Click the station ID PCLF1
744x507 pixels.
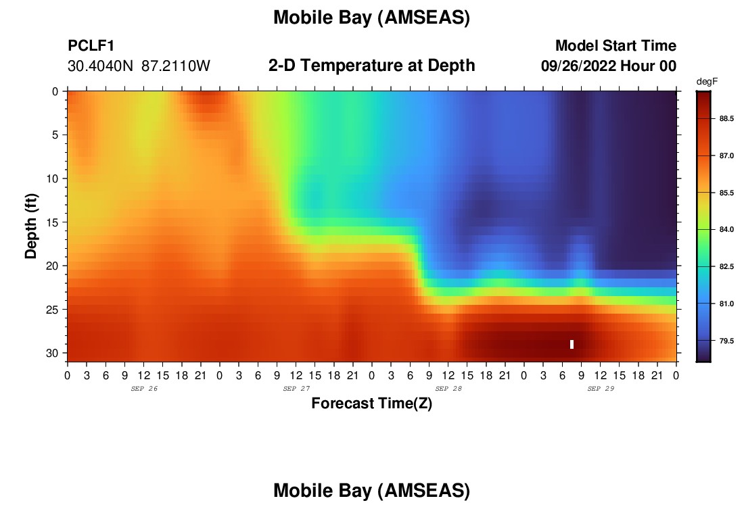coord(91,45)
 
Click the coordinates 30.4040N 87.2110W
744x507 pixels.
coord(139,66)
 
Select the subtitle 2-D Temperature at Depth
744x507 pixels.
coord(371,66)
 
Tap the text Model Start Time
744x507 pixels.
coord(615,45)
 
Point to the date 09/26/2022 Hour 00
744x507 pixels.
coord(608,66)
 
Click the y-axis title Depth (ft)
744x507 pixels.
coord(31,226)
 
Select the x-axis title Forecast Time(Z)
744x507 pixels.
coord(371,403)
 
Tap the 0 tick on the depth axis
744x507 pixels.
coord(55,91)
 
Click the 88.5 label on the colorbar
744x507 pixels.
coord(726,118)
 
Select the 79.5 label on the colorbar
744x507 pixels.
coord(726,341)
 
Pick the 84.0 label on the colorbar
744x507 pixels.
coord(726,230)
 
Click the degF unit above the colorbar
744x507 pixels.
coord(707,82)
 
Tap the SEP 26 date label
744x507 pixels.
coord(144,389)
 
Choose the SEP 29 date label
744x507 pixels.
coord(601,389)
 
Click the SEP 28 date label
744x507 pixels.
coord(448,389)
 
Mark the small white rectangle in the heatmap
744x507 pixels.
coord(572,344)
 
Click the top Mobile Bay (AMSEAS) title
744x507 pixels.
coord(371,18)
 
